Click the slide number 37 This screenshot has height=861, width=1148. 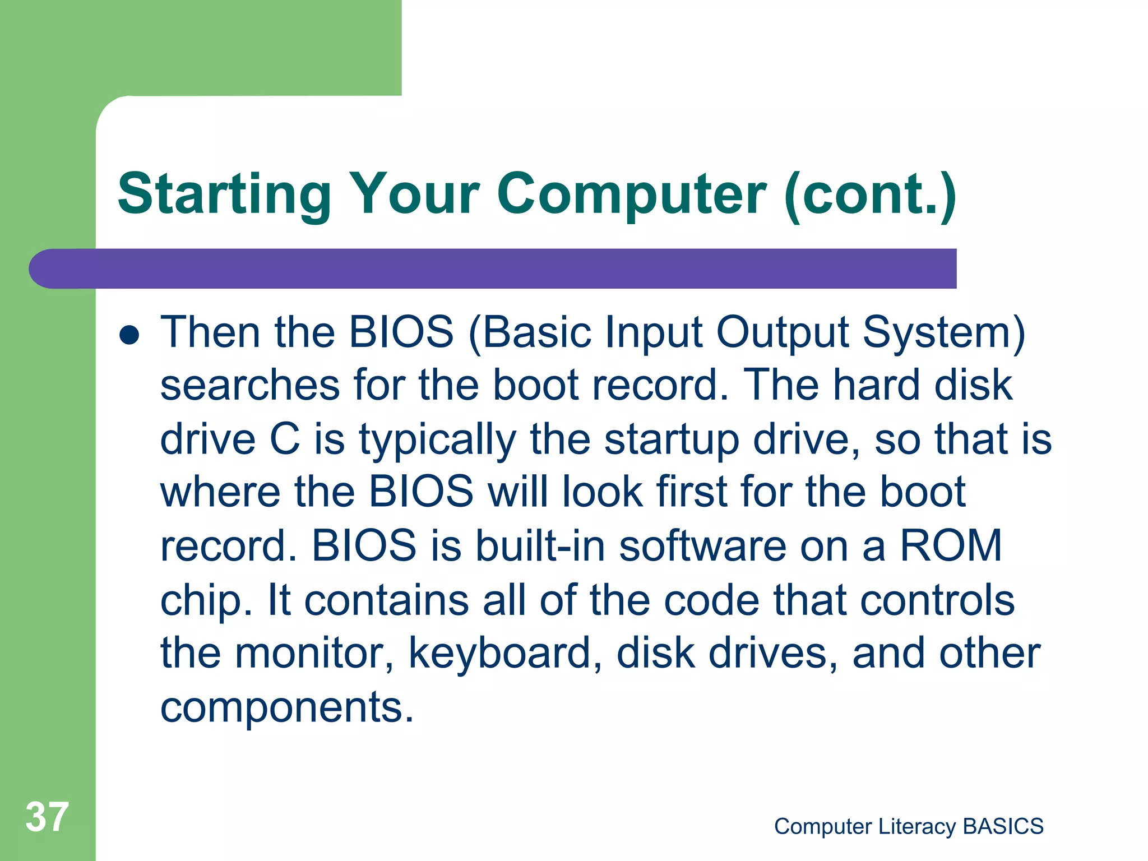click(x=47, y=817)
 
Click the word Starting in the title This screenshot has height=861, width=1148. click(x=225, y=194)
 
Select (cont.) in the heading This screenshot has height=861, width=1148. click(x=870, y=194)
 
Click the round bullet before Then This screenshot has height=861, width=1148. click(x=129, y=335)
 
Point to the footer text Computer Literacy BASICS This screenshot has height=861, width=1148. click(x=909, y=827)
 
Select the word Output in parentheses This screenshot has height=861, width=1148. click(x=783, y=332)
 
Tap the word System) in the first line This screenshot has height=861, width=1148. click(x=944, y=332)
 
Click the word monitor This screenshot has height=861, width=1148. click(x=314, y=653)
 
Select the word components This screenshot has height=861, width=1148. click(x=286, y=707)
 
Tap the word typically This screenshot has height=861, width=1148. click(x=437, y=439)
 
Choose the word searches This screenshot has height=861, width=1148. click(x=250, y=386)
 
